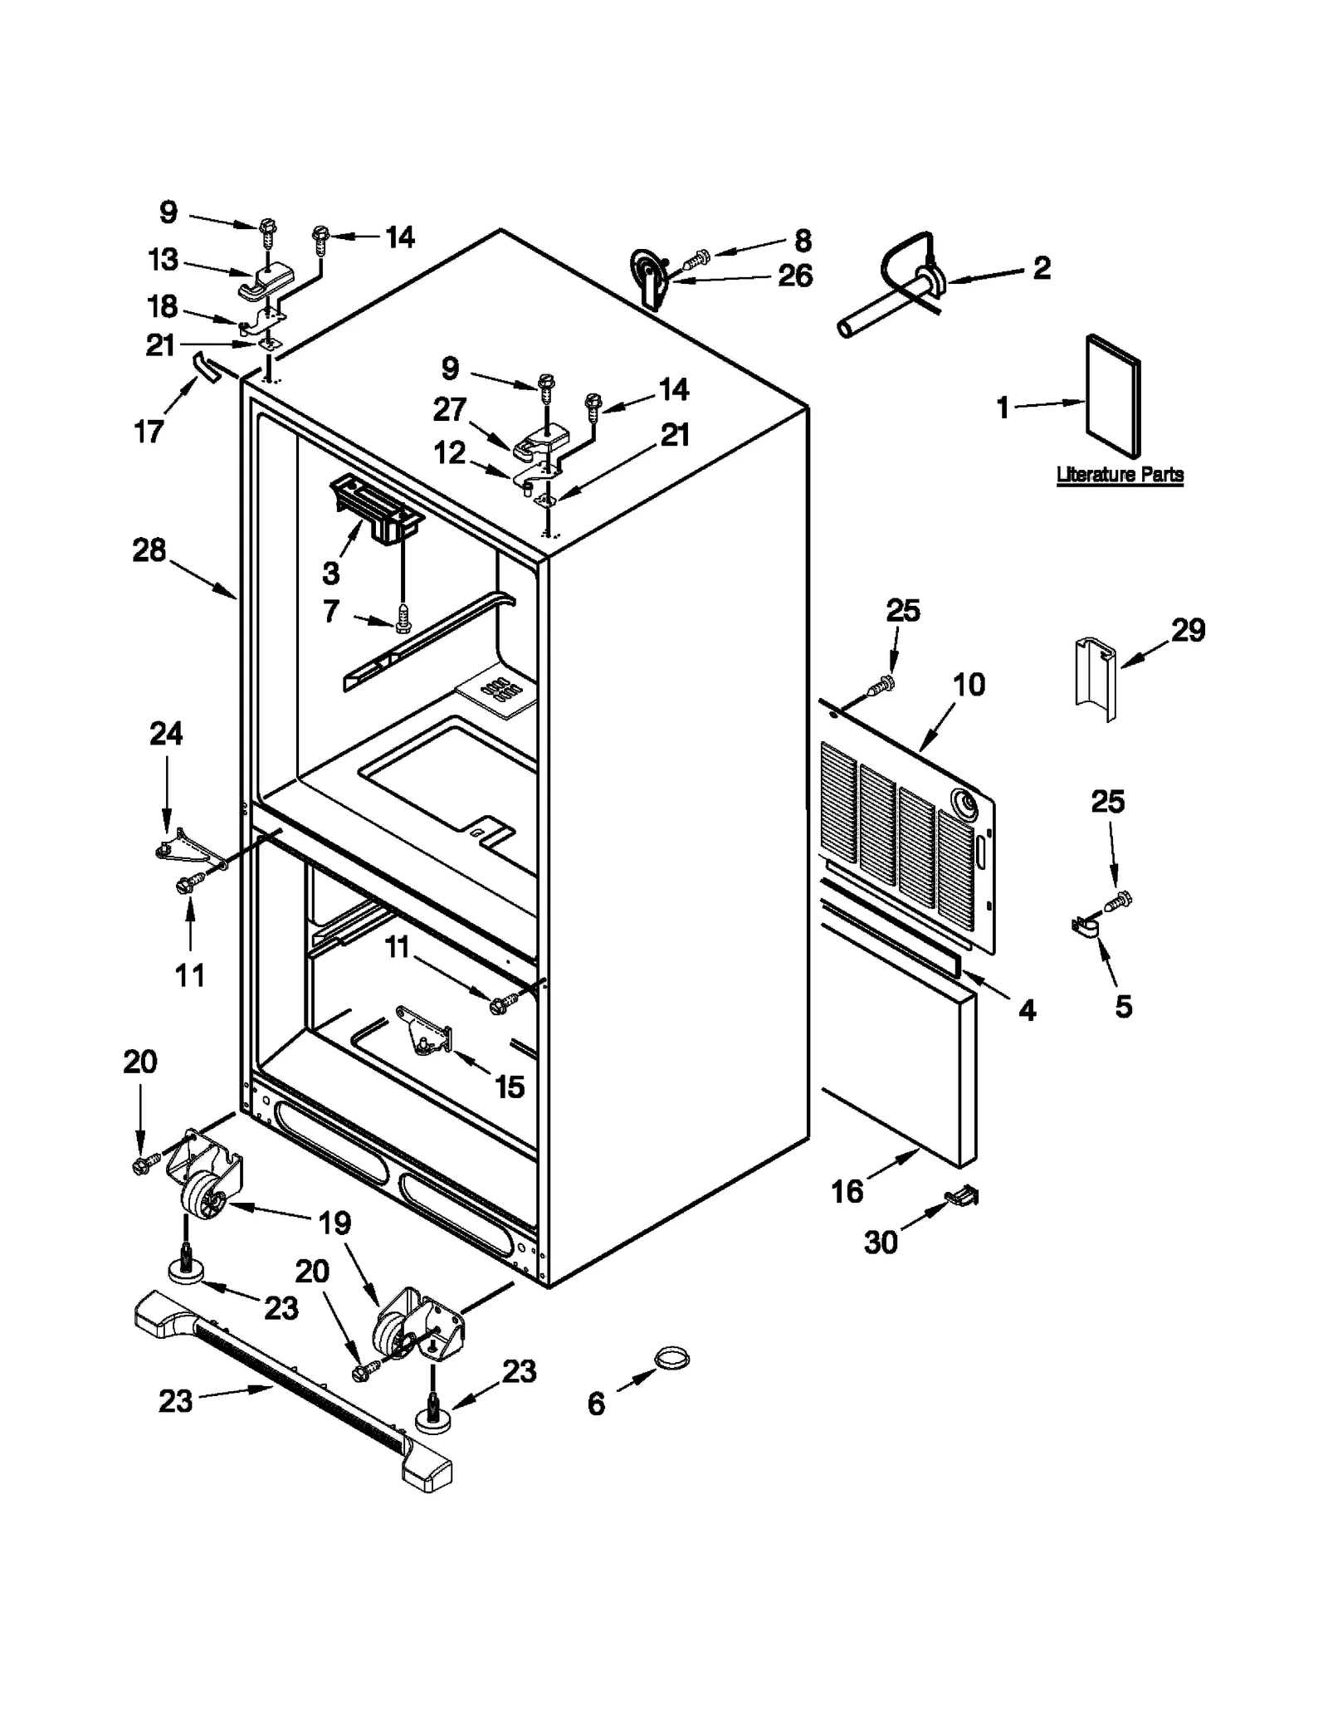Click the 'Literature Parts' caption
point(1119,475)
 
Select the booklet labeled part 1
point(1113,396)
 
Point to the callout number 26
point(794,276)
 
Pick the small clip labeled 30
point(963,1196)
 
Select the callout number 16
point(847,1191)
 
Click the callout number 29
point(1188,630)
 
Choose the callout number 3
point(330,572)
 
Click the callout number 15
point(509,1086)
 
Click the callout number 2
point(1042,267)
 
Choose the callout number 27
point(450,409)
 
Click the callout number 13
point(163,259)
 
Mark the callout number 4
point(1027,1009)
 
